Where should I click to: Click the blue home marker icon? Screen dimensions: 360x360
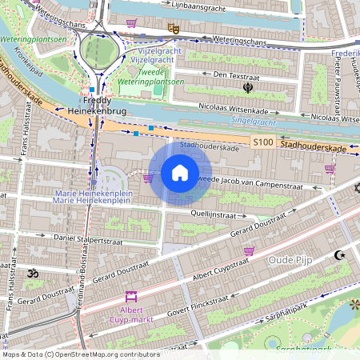(x=180, y=173)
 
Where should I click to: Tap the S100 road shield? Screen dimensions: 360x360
(x=263, y=142)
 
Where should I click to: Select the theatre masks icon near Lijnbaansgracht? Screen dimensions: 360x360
(x=173, y=27)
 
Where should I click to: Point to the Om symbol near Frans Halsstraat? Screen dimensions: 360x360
(x=33, y=274)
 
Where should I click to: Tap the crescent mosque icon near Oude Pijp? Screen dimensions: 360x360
(x=339, y=255)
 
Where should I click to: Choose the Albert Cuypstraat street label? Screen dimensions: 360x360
(x=220, y=268)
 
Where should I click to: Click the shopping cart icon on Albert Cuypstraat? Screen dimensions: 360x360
(x=250, y=251)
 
